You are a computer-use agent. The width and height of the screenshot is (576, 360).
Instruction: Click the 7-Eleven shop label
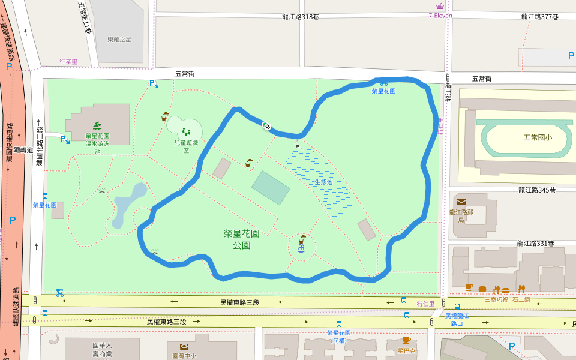click(x=440, y=16)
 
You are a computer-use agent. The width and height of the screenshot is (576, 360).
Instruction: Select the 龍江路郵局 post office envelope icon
click(x=461, y=202)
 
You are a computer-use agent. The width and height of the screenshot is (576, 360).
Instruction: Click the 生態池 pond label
click(x=323, y=182)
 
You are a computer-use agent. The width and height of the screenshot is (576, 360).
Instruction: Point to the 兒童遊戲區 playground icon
click(x=185, y=131)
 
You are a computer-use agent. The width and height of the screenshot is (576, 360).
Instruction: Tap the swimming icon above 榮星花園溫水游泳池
click(x=97, y=126)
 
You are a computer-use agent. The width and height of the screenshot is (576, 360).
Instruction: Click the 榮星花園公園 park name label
click(x=241, y=239)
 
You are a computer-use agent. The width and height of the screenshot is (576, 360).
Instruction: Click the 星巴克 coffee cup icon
click(x=406, y=340)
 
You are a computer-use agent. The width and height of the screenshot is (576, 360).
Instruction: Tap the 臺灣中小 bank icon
click(x=185, y=346)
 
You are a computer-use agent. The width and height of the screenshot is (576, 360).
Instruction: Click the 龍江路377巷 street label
click(x=540, y=17)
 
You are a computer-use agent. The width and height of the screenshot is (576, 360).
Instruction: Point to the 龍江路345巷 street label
click(x=538, y=190)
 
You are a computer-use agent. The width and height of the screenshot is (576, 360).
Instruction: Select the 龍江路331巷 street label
click(x=536, y=244)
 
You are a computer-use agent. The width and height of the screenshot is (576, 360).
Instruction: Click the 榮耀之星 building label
click(x=119, y=40)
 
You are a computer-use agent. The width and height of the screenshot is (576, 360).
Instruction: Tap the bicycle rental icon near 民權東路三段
click(x=59, y=293)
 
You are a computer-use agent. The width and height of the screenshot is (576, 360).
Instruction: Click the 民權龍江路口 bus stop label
click(x=457, y=319)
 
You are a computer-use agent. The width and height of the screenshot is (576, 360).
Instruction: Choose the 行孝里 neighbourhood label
click(x=68, y=62)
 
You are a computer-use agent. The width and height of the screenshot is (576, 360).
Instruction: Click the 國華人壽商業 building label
click(x=102, y=350)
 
